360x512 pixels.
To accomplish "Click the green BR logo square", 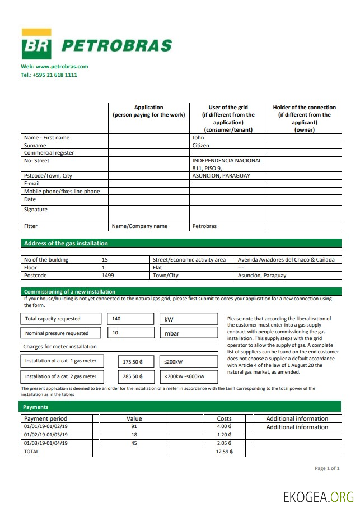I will click(x=36, y=44).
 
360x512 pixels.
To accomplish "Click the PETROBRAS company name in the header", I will click(x=116, y=45).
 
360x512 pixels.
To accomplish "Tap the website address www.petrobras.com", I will click(x=54, y=66).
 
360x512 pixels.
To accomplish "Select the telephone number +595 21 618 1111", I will click(x=49, y=75).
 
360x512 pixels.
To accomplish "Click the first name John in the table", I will click(x=198, y=137).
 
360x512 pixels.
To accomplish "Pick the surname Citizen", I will click(x=200, y=145).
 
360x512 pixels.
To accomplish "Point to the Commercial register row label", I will click(x=49, y=153).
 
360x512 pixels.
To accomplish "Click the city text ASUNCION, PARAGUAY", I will click(x=221, y=175).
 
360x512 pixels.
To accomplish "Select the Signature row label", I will click(x=36, y=210).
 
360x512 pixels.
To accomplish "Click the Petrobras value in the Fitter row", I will click(x=204, y=226).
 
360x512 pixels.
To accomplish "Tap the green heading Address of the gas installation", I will click(x=66, y=243).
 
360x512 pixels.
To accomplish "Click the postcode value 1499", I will click(x=107, y=276).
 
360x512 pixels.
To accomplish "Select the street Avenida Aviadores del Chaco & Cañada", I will click(x=286, y=260).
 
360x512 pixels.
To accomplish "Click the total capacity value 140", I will click(x=116, y=319).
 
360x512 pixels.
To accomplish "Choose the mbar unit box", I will click(x=189, y=333).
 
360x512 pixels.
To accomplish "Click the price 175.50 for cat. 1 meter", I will click(x=133, y=362).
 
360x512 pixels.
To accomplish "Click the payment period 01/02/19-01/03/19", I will click(x=46, y=435).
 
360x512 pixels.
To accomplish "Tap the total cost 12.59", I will click(x=224, y=452).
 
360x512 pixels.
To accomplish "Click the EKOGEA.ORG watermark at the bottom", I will click(x=318, y=497).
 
